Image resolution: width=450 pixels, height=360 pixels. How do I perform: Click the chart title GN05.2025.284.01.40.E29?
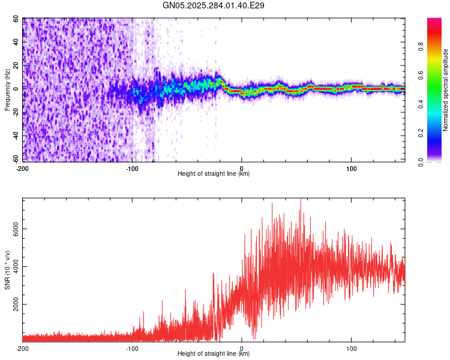tap(214, 6)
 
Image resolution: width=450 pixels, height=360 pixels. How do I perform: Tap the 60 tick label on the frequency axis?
tap(17, 19)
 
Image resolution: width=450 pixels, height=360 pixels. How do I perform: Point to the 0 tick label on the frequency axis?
tap(19, 89)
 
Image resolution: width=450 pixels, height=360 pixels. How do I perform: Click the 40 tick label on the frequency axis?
tap(17, 42)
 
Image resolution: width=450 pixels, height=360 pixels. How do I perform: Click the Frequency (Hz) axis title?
tap(7, 89)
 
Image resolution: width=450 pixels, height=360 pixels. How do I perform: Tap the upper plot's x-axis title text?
tap(214, 174)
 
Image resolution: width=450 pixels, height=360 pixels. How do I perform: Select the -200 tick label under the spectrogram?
tap(22, 168)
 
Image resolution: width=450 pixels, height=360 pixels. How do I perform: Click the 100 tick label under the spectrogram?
tap(351, 168)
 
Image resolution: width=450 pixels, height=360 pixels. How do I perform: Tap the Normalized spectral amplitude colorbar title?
tap(446, 90)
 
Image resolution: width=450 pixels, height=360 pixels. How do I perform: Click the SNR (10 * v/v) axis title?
tap(7, 270)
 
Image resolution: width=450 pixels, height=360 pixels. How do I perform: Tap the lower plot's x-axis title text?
tap(214, 354)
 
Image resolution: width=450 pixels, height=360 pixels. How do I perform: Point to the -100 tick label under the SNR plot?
tap(132, 348)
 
